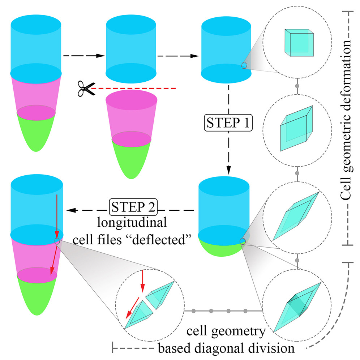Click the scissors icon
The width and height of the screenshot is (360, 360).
pos(85,88)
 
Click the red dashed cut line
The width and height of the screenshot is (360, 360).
pos(134,88)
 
